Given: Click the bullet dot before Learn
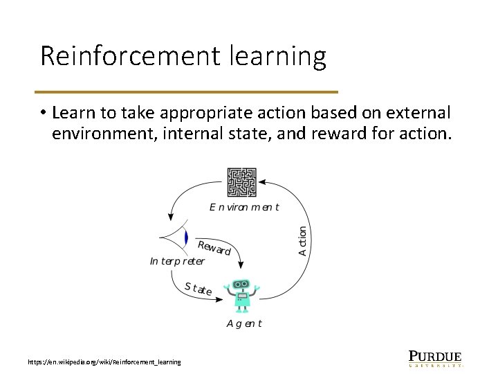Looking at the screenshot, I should (43, 113).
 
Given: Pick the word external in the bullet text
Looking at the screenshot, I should (413, 112).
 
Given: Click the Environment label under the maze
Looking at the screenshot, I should (244, 207).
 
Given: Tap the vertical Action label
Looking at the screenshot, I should (303, 241).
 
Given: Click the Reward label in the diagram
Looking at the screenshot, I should (214, 247).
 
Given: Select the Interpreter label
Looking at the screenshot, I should (177, 261).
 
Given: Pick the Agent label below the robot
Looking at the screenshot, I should (244, 323).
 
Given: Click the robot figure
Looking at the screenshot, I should (241, 294).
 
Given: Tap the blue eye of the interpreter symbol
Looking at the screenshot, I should (186, 238).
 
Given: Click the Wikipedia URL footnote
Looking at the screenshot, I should (104, 362).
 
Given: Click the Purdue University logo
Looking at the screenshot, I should (434, 357).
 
